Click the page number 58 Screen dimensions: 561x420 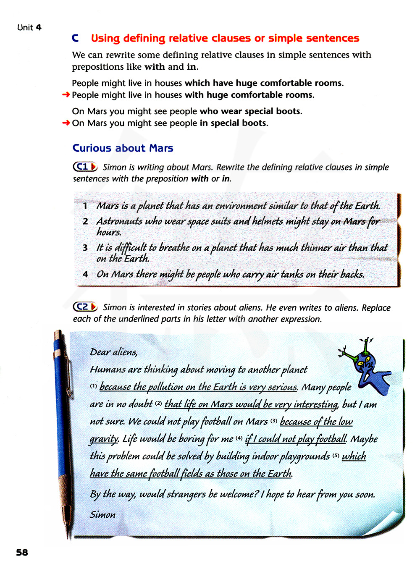pyautogui.click(x=22, y=552)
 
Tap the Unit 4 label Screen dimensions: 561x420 pyautogui.click(x=29, y=28)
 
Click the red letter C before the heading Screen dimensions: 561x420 pyautogui.click(x=76, y=38)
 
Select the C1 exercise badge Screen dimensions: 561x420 pyautogui.click(x=85, y=167)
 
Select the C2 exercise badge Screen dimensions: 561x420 pyautogui.click(x=85, y=307)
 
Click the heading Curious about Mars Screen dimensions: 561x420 pyautogui.click(x=123, y=148)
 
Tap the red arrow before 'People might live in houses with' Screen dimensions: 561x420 pyautogui.click(x=66, y=95)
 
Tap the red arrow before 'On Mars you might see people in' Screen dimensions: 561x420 pyautogui.click(x=66, y=123)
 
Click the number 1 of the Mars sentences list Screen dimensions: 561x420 pyautogui.click(x=85, y=206)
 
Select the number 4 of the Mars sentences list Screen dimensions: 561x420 pyautogui.click(x=85, y=275)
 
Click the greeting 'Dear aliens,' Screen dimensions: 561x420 pyautogui.click(x=114, y=352)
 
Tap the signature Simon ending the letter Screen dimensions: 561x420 pyautogui.click(x=102, y=514)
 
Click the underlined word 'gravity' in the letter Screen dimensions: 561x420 pyautogui.click(x=103, y=439)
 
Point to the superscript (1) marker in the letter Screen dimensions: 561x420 pyautogui.click(x=93, y=386)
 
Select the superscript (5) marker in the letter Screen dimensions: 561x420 pyautogui.click(x=336, y=455)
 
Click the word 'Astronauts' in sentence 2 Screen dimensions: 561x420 pyautogui.click(x=119, y=221)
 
